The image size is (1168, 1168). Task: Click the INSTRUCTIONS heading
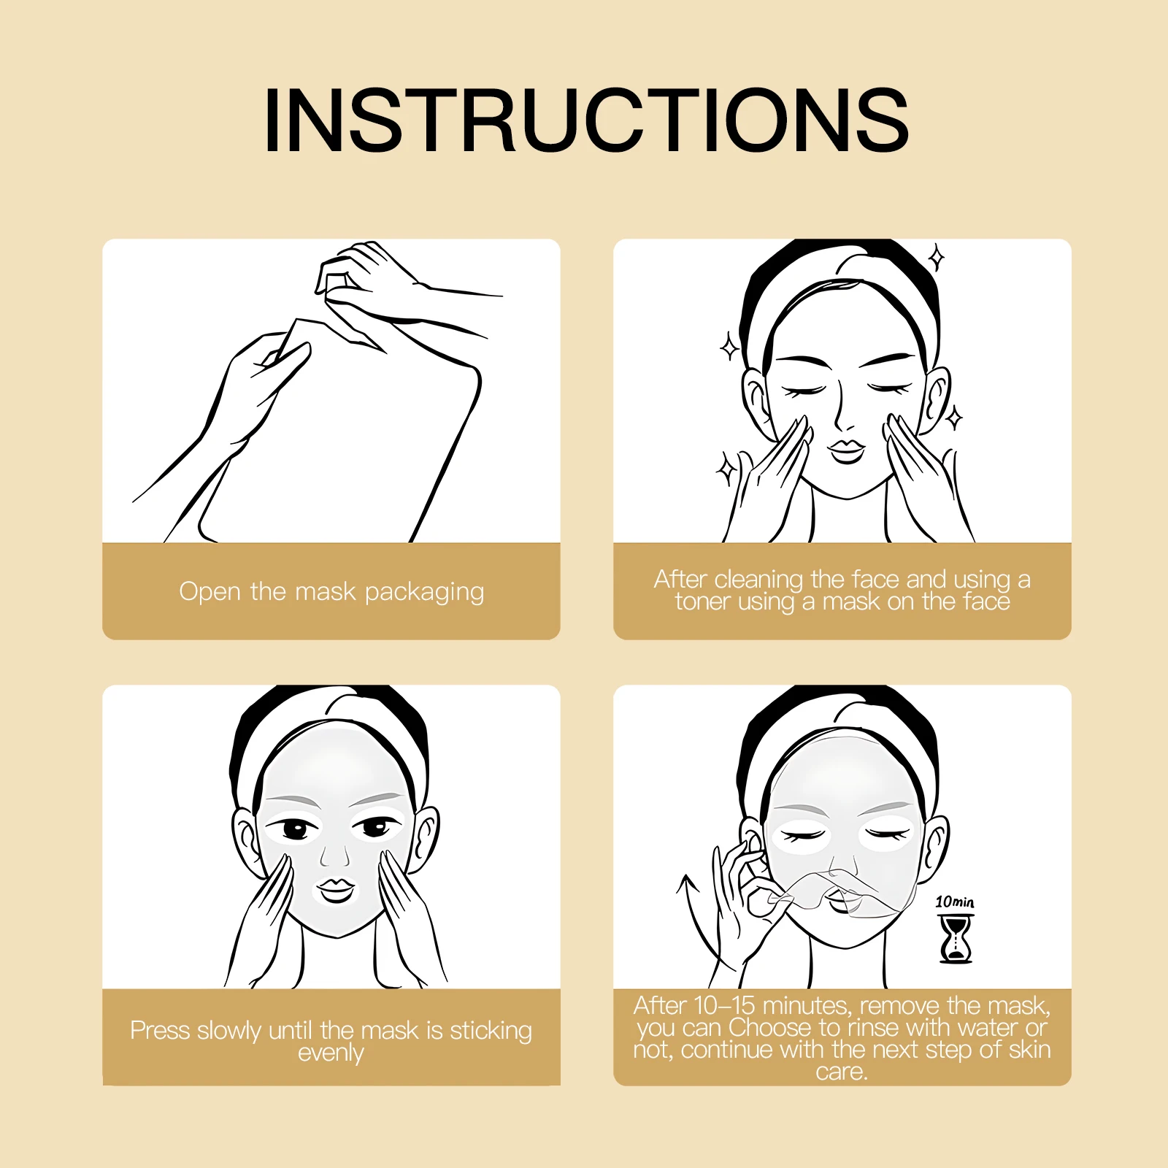pyautogui.click(x=585, y=120)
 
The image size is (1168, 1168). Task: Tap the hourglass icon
pyautogui.click(x=956, y=940)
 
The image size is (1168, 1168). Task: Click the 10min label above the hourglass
pyautogui.click(x=954, y=902)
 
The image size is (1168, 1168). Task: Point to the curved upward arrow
pyautogui.click(x=693, y=920)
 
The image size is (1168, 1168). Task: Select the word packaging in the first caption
pyautogui.click(x=424, y=592)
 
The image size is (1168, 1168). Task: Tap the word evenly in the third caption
pyautogui.click(x=331, y=1053)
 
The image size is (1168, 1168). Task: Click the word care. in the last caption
pyautogui.click(x=842, y=1072)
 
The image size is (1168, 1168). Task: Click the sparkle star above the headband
pyautogui.click(x=937, y=258)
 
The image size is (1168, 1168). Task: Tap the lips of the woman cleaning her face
pyautogui.click(x=847, y=450)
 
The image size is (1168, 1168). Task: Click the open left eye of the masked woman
pyautogui.click(x=295, y=829)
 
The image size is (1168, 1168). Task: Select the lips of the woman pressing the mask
pyautogui.click(x=336, y=890)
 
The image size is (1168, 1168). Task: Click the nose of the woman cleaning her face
pyautogui.click(x=843, y=419)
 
